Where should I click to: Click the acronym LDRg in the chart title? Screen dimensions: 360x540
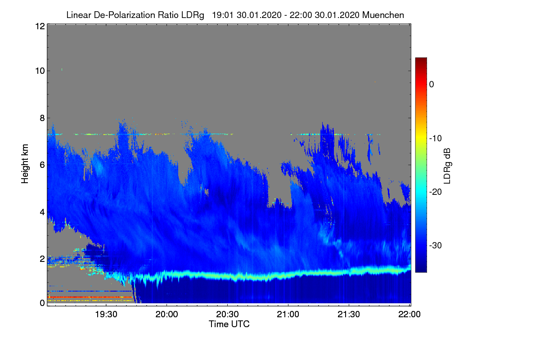(x=193, y=15)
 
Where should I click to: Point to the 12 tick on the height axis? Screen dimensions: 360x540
(x=39, y=26)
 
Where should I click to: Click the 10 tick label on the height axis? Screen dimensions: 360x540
(x=39, y=71)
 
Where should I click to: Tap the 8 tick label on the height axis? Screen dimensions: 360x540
(x=41, y=118)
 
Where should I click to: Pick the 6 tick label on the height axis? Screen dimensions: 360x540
(x=41, y=165)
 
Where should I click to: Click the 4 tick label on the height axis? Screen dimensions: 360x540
(x=41, y=211)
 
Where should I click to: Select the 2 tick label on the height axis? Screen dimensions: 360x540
(x=41, y=258)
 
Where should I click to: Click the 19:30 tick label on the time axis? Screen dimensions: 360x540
(x=106, y=315)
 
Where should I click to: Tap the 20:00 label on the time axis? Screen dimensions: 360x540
(x=167, y=315)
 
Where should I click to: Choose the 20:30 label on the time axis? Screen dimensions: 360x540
(x=228, y=315)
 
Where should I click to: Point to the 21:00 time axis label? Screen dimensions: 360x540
(x=288, y=315)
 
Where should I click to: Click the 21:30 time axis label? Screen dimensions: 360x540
(x=349, y=315)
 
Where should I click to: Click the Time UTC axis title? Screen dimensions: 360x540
(x=229, y=324)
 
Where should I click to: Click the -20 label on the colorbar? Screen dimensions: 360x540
(x=436, y=192)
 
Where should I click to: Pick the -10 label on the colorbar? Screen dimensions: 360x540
(x=436, y=138)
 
